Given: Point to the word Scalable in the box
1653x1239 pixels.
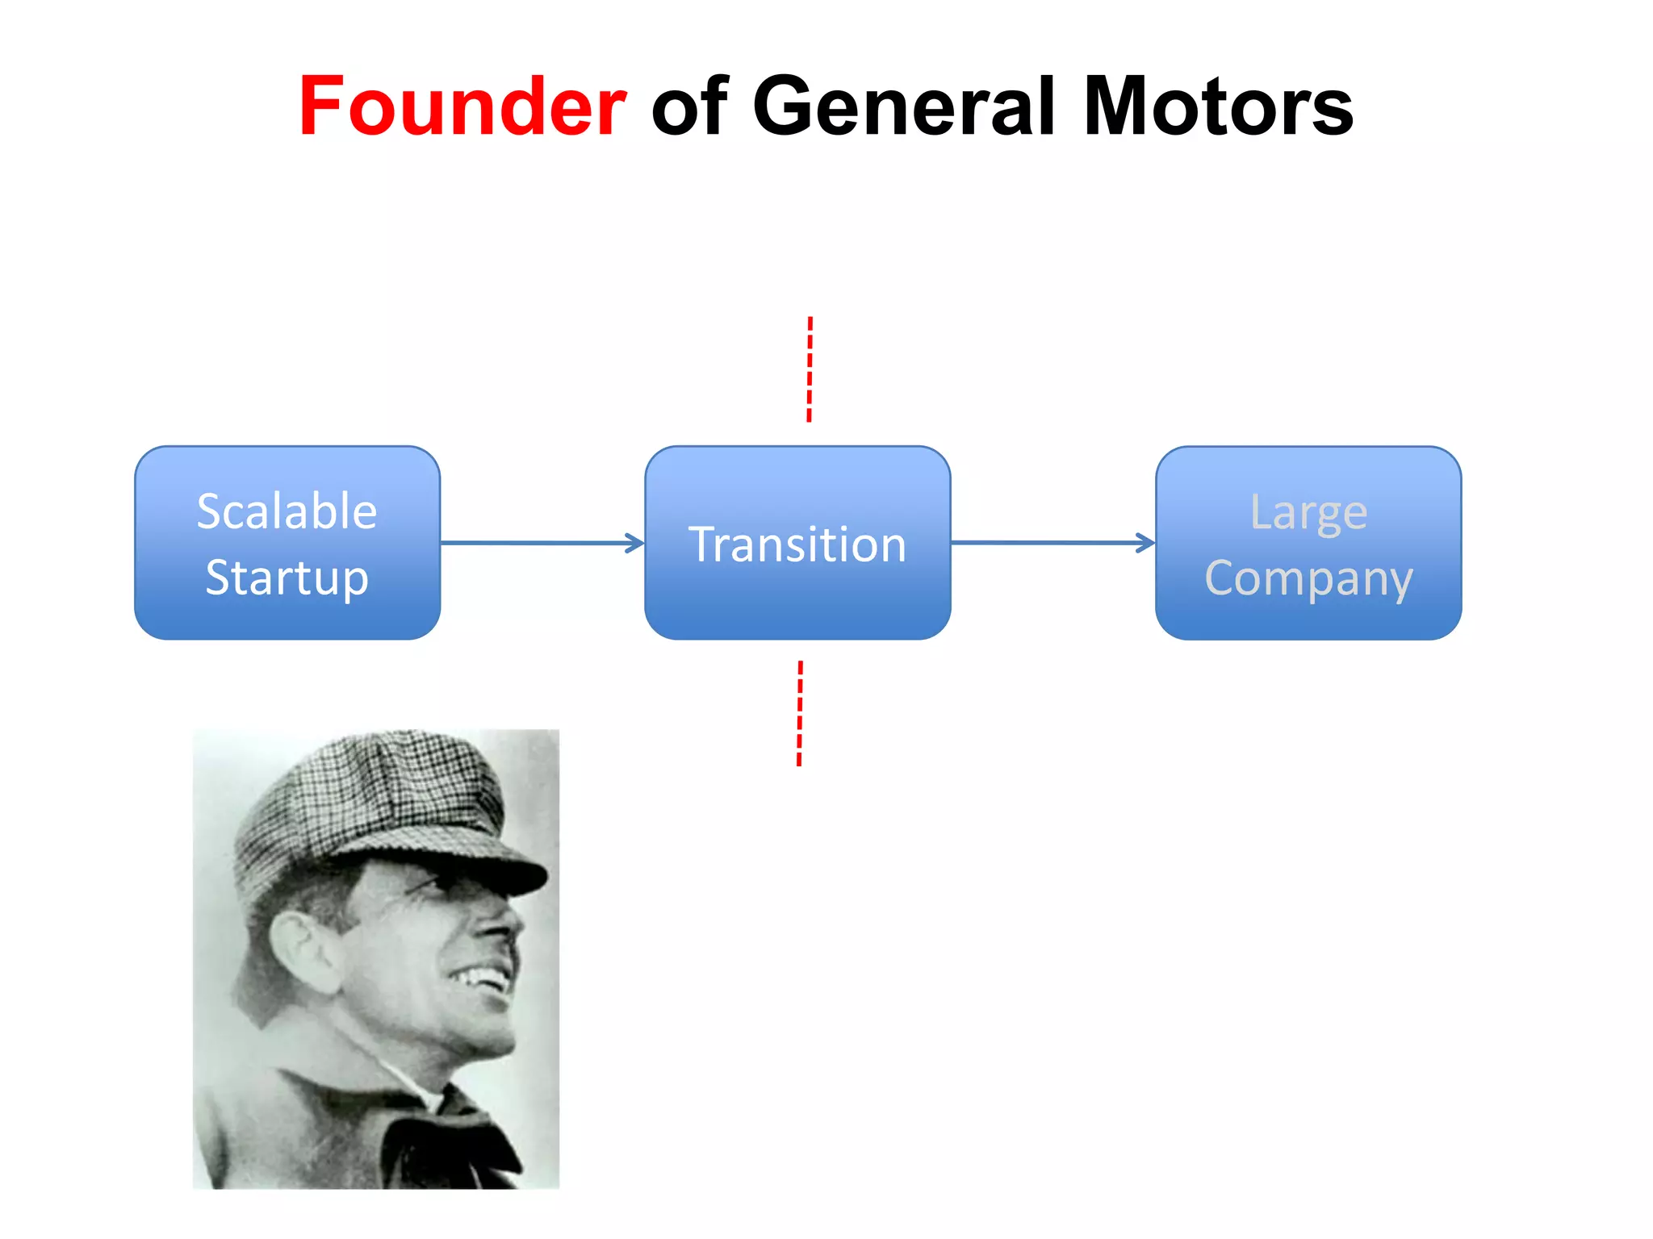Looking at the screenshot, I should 287,511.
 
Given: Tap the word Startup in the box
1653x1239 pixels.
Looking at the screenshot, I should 287,578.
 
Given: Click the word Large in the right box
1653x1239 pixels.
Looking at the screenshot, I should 1308,513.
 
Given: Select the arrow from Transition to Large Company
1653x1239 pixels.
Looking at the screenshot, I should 1052,543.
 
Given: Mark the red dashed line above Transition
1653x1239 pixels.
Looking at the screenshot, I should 810,369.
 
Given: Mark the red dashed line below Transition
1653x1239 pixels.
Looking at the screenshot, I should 800,713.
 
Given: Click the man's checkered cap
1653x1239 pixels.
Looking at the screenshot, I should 371,799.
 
